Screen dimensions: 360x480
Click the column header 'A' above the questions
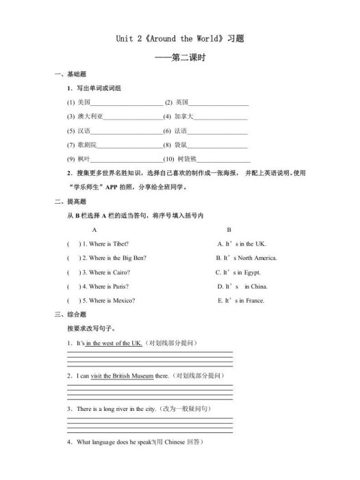click(x=94, y=230)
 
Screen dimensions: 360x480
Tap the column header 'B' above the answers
click(x=229, y=230)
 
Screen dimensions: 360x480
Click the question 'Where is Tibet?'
click(x=105, y=244)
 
